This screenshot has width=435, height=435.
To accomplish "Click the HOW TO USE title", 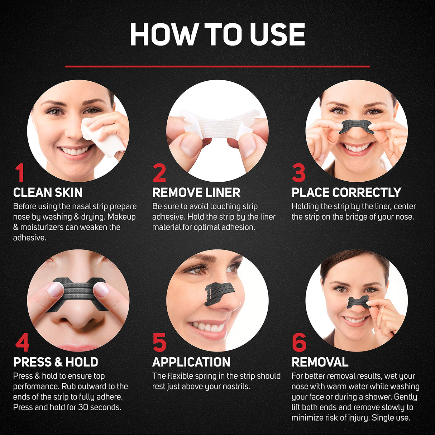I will click(x=217, y=35).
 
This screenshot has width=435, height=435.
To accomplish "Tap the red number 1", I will click(x=20, y=173).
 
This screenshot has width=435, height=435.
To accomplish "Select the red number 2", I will click(x=159, y=173).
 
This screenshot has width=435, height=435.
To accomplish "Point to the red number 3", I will click(x=298, y=173).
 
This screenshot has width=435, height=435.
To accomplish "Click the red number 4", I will click(x=22, y=343).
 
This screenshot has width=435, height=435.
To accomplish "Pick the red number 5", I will click(x=159, y=343).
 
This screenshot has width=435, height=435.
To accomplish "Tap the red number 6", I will click(x=299, y=343).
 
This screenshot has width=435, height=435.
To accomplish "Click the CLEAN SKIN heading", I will click(x=48, y=193).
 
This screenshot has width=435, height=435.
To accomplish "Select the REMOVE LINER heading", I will click(x=196, y=193).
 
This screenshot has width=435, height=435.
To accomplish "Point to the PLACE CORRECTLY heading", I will click(x=346, y=193).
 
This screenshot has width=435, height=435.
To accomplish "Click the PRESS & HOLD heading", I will click(x=56, y=362).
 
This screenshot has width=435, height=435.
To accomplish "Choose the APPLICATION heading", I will click(x=191, y=362).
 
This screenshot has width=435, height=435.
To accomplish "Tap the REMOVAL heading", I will click(x=320, y=362).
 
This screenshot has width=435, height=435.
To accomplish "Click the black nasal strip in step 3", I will click(x=356, y=126).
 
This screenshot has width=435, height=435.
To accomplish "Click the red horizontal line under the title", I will click(x=217, y=66).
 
